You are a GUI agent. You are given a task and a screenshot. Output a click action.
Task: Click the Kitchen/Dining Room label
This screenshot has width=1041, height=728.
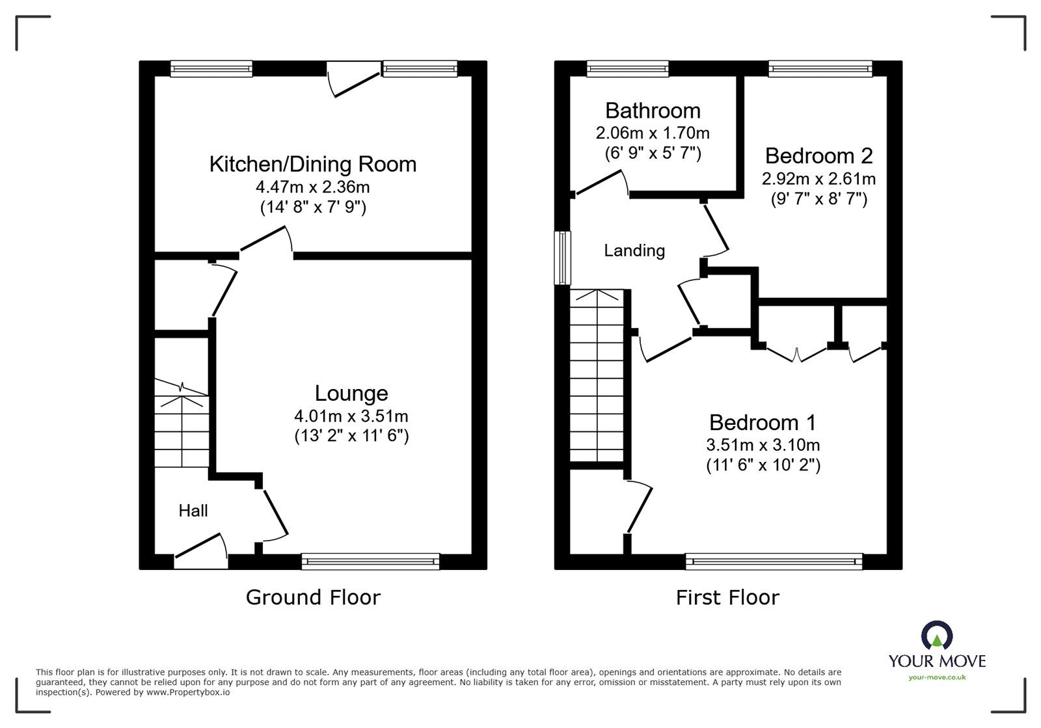click(x=313, y=165)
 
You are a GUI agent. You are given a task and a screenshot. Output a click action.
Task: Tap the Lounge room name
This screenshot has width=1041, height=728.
click(x=351, y=394)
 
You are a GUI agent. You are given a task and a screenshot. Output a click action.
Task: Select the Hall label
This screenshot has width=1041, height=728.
click(x=193, y=511)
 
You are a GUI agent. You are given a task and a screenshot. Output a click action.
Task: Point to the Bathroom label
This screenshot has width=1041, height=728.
click(x=653, y=111)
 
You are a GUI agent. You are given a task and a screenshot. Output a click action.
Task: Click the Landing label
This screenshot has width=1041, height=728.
click(x=634, y=251)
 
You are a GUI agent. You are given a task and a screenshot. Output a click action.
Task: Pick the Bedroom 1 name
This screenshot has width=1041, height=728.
click(x=763, y=423)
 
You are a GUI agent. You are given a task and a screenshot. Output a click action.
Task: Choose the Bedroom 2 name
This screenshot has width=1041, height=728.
click(x=819, y=155)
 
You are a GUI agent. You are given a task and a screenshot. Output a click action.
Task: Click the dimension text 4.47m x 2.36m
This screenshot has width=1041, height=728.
click(x=313, y=187)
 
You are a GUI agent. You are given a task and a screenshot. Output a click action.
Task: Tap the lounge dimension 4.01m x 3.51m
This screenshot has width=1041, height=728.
click(x=351, y=416)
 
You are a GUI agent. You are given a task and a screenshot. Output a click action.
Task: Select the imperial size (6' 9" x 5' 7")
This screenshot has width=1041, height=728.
click(x=653, y=153)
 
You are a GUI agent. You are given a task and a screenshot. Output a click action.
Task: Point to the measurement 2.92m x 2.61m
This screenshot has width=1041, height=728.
click(x=818, y=179)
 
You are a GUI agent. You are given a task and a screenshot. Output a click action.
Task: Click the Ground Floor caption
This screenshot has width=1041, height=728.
click(x=313, y=597)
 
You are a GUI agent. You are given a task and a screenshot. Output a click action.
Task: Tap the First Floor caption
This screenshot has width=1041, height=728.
click(x=727, y=597)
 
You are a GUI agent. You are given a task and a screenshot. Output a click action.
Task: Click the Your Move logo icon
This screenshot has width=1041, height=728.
click(x=937, y=635)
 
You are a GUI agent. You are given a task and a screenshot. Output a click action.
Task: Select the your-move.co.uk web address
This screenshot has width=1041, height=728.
click(x=937, y=677)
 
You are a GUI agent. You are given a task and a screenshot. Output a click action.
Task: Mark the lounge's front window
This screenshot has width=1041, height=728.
click(x=370, y=561)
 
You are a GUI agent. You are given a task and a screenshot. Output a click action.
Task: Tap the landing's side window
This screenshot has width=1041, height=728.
click(x=562, y=258)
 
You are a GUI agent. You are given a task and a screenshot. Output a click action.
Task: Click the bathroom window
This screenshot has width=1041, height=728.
click(x=628, y=69)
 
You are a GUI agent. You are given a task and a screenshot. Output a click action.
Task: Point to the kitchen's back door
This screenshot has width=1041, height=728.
click(x=354, y=79)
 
